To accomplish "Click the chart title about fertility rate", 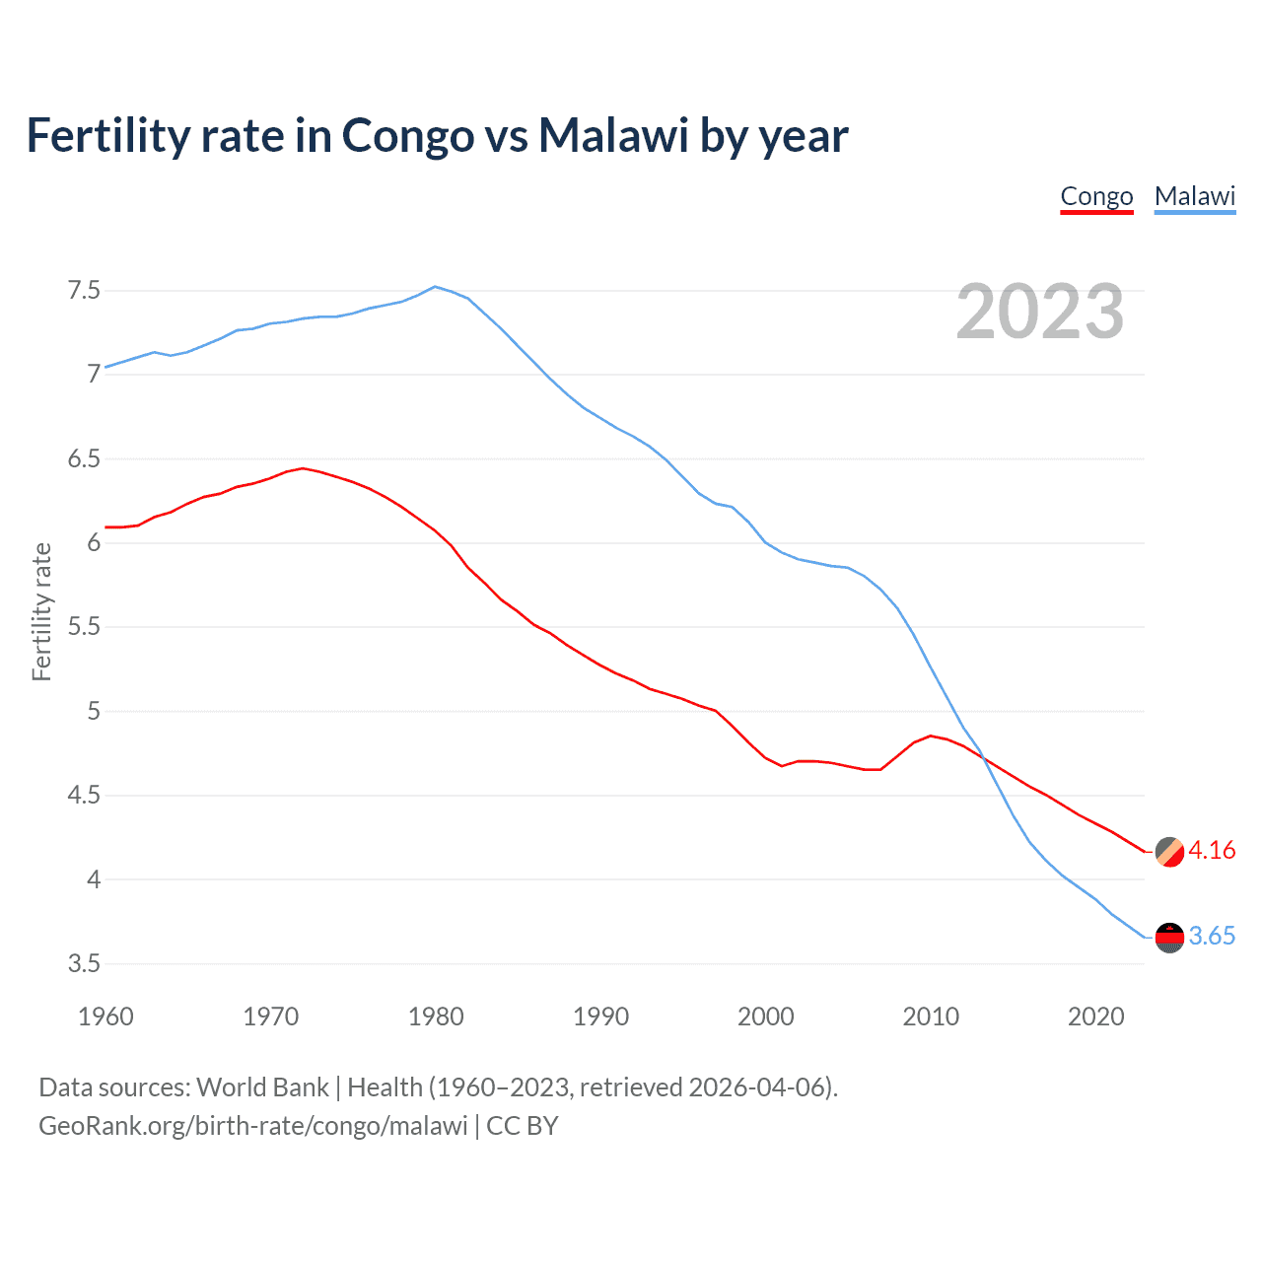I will coord(437,136).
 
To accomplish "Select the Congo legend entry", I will coord(1096,196).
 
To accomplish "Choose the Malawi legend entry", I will coord(1194,196).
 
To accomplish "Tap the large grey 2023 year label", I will coord(1039,312).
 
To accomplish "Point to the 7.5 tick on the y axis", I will coord(84,291).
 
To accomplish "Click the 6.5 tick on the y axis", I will coord(84,459).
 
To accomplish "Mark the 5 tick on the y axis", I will coord(94,712).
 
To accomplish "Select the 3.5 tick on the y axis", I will coord(84,964).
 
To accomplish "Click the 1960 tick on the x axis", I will coord(105,1017).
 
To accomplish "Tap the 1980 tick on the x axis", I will coord(436,1017).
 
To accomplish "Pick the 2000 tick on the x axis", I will coord(765,1017).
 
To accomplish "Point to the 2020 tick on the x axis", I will coord(1095,1017).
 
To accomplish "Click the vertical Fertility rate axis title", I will coord(41,611).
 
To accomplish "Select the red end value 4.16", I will coord(1212,851).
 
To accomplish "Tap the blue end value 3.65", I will coord(1212,937).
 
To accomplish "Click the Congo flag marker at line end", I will coord(1169,851).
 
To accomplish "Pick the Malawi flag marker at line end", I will coord(1169,938).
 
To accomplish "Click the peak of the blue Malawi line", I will coord(435,287).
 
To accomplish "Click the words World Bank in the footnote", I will coord(262,1087).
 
